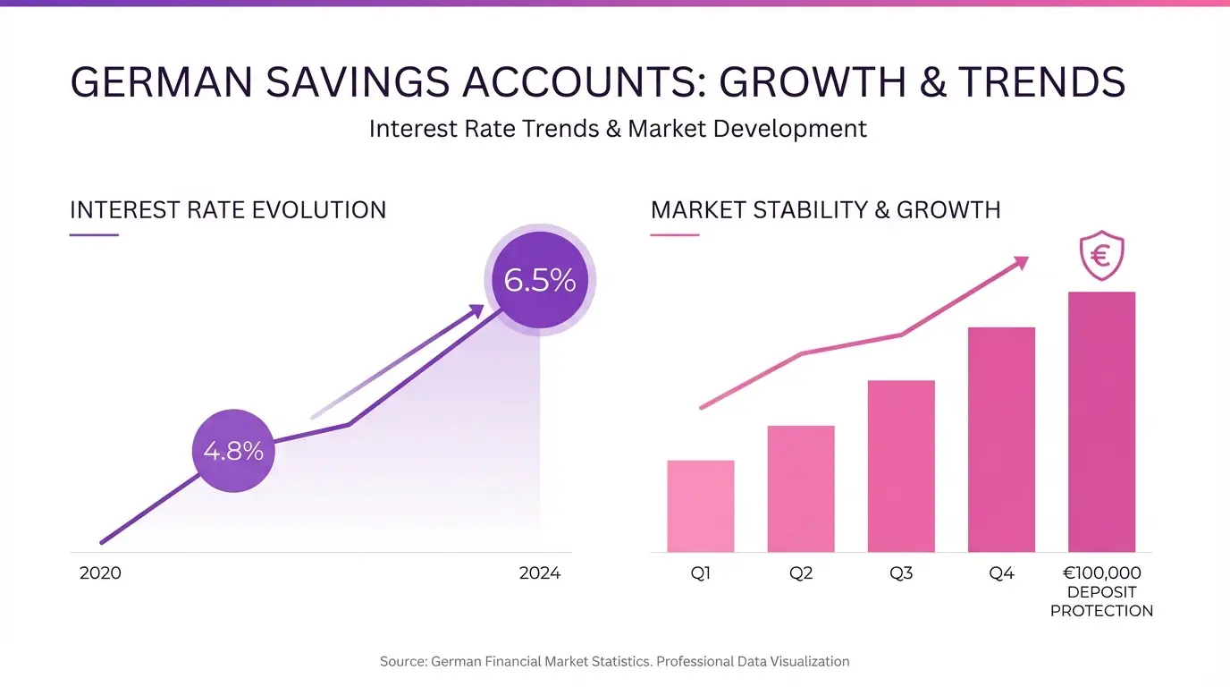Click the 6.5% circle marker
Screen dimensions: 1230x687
pos(540,280)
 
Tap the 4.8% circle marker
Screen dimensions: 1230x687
pos(233,451)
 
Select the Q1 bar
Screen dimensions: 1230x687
pos(701,506)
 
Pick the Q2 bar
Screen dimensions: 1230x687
pos(801,488)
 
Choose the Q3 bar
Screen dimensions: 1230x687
pos(901,466)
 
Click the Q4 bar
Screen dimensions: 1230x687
pos(1001,440)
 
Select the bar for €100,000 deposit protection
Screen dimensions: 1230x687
pos(1101,422)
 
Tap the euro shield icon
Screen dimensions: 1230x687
pos(1101,255)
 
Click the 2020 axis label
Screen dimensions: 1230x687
pos(100,573)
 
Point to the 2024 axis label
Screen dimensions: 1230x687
pos(540,573)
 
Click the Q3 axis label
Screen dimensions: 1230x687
pos(901,573)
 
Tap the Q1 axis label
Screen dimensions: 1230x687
pos(701,573)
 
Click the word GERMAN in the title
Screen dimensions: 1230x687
pos(162,82)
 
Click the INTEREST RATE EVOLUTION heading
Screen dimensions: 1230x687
pos(228,210)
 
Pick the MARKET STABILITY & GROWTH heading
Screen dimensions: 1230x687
pos(825,210)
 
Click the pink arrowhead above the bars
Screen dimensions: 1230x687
pos(1022,263)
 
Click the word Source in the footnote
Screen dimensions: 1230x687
pos(402,661)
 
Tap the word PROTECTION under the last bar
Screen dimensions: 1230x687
pos(1101,611)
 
